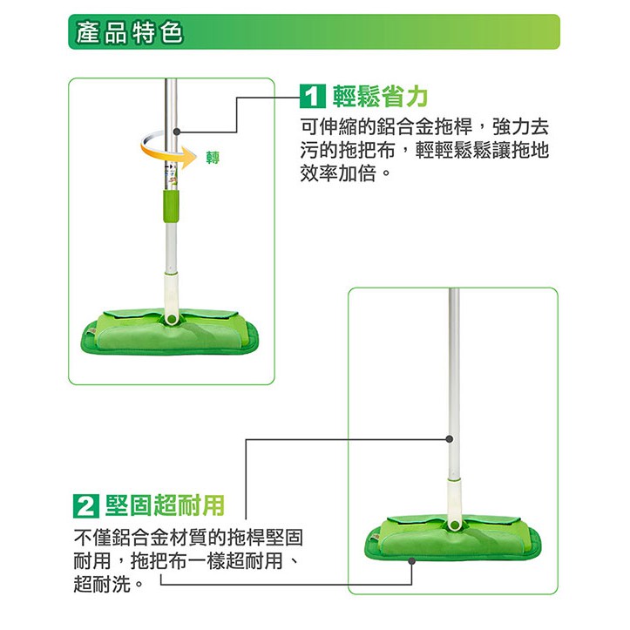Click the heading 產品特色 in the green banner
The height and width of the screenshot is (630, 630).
point(129,32)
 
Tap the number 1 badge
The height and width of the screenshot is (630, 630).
point(312,97)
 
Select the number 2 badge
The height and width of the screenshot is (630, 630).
point(85,506)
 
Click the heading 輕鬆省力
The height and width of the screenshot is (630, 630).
point(380,97)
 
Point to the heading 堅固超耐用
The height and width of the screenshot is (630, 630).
point(165,505)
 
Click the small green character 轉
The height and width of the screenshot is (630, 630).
point(213,157)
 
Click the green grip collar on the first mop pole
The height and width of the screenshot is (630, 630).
point(171,206)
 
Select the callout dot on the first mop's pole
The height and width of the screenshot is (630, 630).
point(176,132)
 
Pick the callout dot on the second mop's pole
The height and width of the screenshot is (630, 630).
point(450,439)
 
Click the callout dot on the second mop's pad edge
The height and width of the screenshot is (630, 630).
point(411,561)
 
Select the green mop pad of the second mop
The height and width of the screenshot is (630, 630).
point(453,538)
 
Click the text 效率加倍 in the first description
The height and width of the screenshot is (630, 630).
point(338,173)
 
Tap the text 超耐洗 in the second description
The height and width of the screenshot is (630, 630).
point(102,584)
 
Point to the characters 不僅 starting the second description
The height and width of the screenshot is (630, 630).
point(92,537)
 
